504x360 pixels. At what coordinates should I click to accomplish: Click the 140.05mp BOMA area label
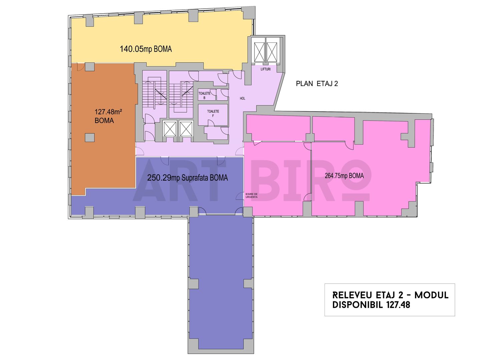coord(145,49)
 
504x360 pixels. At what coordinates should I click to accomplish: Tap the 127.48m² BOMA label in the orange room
coord(108,116)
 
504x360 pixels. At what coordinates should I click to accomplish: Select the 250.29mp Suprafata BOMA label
coord(187,178)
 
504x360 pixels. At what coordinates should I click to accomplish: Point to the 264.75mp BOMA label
coord(344,176)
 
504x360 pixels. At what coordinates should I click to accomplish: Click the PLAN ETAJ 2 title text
coord(317,84)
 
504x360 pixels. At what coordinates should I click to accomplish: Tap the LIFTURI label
coord(266,69)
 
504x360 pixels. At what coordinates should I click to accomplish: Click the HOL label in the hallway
coord(242,98)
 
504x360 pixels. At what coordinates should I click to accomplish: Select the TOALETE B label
coord(204,95)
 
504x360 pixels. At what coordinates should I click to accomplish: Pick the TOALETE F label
coord(213,113)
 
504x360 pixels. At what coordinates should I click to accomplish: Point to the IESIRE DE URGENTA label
coord(251,196)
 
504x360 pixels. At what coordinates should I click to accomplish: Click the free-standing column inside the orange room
coord(89,138)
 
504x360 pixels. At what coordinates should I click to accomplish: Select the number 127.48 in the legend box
coord(398,305)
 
